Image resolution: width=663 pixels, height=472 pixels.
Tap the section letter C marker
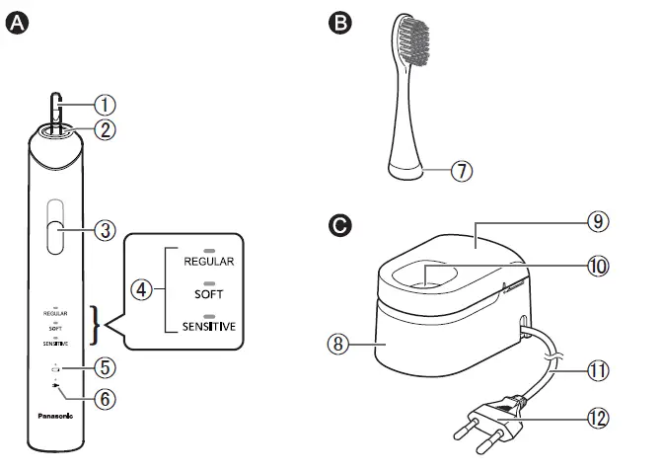point(340,227)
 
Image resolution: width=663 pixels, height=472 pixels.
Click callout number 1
point(107,104)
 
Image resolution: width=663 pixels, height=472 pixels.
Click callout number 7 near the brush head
point(462,171)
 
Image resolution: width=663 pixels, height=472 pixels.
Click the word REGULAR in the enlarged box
point(207,263)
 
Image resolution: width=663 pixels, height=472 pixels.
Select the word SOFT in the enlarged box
point(207,294)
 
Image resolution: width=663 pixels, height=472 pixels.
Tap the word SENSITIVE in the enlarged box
point(207,326)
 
